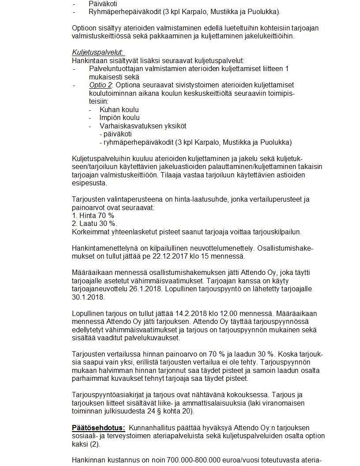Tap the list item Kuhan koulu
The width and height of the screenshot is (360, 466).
[119, 109]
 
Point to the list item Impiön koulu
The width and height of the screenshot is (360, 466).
[120, 118]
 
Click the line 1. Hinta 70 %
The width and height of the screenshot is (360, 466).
[93, 215]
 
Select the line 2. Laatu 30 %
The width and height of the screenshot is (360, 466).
[94, 224]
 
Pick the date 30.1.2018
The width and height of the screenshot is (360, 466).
[88, 297]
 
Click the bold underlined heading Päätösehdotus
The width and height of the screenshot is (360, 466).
[98, 428]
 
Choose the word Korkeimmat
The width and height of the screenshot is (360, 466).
[89, 232]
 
